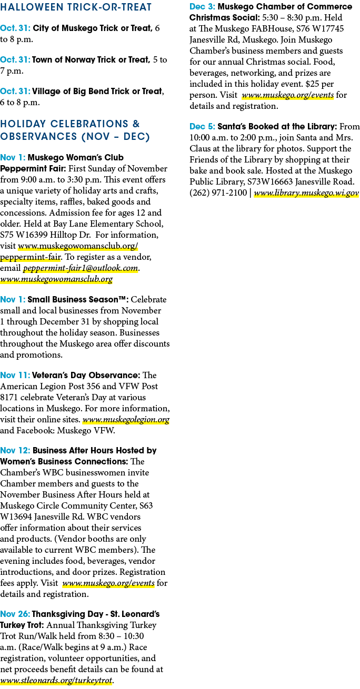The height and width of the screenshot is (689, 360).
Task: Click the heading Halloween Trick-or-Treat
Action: click(76, 7)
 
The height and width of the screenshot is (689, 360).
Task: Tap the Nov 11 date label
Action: click(15, 375)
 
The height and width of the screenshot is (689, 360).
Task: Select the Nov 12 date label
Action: click(15, 451)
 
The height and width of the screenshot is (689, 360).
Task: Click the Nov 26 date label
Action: click(15, 614)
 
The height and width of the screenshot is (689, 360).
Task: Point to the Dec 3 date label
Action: click(203, 6)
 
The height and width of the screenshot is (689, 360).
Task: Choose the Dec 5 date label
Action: click(202, 126)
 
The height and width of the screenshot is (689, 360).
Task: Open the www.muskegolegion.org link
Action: click(126, 420)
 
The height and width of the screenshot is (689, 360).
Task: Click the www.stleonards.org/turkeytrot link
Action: click(56, 680)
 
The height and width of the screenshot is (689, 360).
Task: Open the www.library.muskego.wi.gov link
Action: click(306, 193)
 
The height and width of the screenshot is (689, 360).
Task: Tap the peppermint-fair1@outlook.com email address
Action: click(81, 268)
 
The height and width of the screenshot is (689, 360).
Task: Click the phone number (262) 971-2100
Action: click(218, 193)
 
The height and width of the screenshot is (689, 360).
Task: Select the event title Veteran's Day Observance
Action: click(86, 375)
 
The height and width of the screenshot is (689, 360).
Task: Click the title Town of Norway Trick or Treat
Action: click(91, 59)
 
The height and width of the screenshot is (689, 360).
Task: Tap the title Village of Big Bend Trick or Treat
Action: click(98, 92)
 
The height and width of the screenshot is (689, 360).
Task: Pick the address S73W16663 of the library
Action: click(270, 182)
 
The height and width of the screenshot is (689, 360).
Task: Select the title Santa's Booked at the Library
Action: click(277, 126)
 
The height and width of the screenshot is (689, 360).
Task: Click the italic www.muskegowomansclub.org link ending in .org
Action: click(56, 279)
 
